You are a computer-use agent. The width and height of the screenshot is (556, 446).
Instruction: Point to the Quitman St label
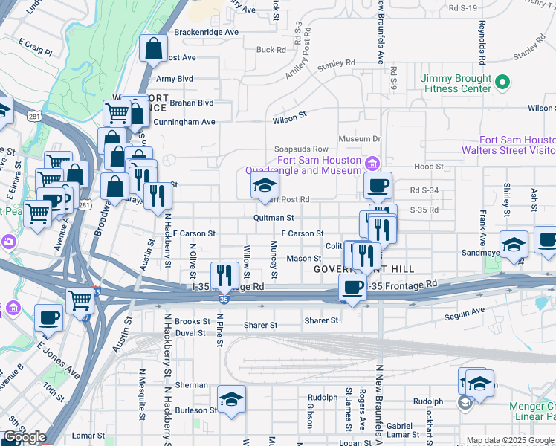pos(274,218)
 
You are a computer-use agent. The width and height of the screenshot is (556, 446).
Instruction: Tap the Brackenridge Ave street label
pos(206,32)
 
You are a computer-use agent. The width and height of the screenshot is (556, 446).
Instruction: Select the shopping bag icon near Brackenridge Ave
pos(153,49)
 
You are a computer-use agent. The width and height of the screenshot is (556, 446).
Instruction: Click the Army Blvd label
pos(174,78)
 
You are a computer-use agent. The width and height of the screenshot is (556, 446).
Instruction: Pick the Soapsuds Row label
pos(301,149)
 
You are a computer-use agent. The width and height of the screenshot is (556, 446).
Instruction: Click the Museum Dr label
pos(359,139)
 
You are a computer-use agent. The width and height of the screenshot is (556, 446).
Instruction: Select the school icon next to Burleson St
pos(231,399)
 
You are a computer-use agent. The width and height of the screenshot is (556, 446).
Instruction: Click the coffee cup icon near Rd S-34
pos(378,186)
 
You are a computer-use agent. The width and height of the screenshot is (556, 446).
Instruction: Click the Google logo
pos(25,438)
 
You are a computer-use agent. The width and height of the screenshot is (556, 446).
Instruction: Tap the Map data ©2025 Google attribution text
pos(510,440)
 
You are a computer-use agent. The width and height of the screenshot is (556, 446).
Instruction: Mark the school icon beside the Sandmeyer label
pos(514,245)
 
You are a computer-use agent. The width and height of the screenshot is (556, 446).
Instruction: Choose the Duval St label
pos(190,333)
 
